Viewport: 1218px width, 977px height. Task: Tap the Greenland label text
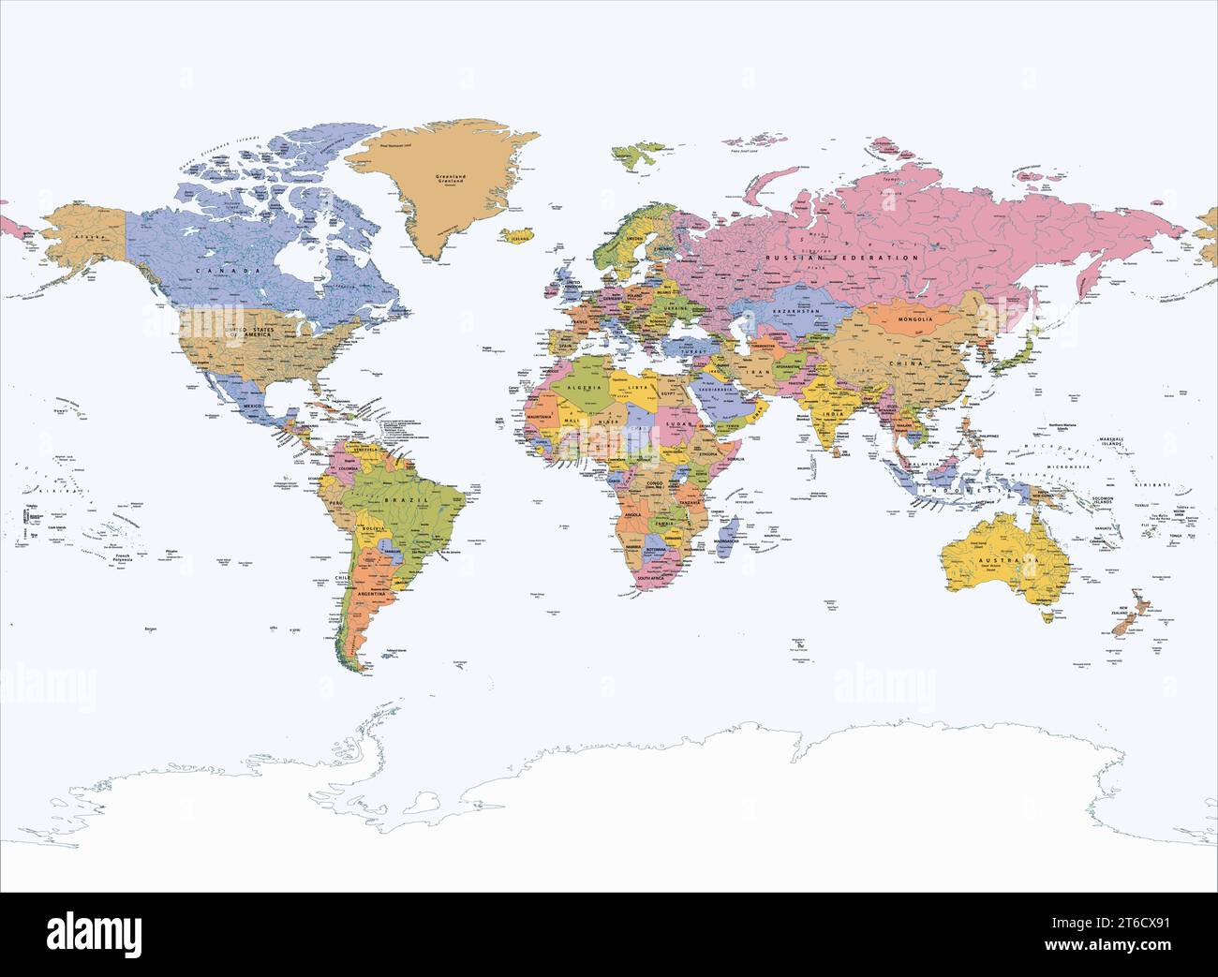pos(451,176)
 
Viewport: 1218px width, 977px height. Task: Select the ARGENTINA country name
pos(373,595)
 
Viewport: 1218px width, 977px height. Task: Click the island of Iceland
pos(516,236)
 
